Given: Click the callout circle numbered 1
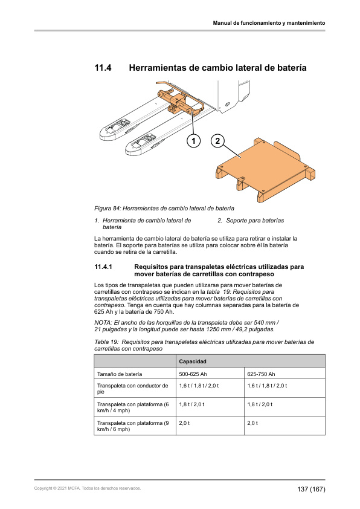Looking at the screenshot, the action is pyautogui.click(x=194, y=141).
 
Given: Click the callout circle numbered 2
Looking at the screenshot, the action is pyautogui.click(x=217, y=141).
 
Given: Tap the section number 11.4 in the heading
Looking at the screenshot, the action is pyautogui.click(x=103, y=68).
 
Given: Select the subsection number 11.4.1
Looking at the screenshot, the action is pyautogui.click(x=103, y=267).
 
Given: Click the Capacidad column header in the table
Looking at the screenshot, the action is pyautogui.click(x=193, y=361).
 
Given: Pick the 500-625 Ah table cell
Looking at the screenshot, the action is pyautogui.click(x=193, y=374).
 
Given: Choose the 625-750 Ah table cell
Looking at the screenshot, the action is pyautogui.click(x=261, y=374).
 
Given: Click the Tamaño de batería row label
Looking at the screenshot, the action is pyautogui.click(x=120, y=374).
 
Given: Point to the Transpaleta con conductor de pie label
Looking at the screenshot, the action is pyautogui.click(x=133, y=389).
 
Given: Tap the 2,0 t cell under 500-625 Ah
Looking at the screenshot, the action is pyautogui.click(x=184, y=423).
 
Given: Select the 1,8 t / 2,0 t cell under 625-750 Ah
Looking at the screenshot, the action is pyautogui.click(x=260, y=404).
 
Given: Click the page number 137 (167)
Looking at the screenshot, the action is pyautogui.click(x=311, y=489).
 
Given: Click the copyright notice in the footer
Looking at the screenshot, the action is pyautogui.click(x=88, y=488).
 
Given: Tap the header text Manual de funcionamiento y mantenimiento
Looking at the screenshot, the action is pyautogui.click(x=269, y=23).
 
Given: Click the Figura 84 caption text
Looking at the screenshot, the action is pyautogui.click(x=164, y=208).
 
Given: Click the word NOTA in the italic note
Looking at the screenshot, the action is pyautogui.click(x=103, y=323).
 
